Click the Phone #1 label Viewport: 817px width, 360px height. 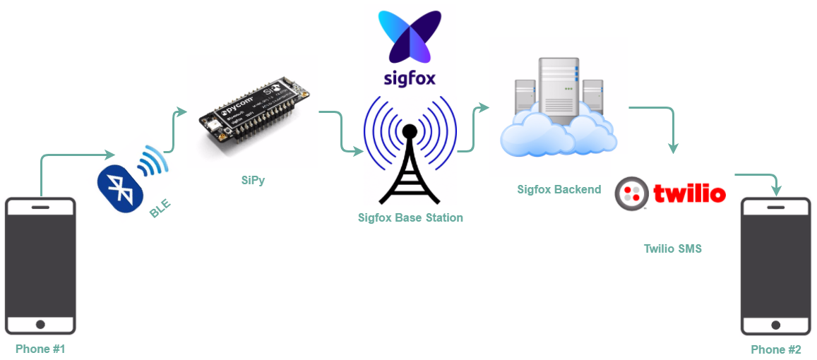point(40,349)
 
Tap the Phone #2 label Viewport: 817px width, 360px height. point(775,349)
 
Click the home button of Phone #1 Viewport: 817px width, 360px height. point(40,324)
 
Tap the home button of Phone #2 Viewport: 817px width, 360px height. point(776,325)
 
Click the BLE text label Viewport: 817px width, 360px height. point(160,208)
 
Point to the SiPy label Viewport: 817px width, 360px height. point(253,180)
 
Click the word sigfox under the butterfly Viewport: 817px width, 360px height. point(410,77)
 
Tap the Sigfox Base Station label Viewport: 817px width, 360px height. point(410,217)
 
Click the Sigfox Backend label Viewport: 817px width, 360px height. point(559,188)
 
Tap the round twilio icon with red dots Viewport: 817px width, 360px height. point(632,193)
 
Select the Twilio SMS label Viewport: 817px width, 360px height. point(672,248)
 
